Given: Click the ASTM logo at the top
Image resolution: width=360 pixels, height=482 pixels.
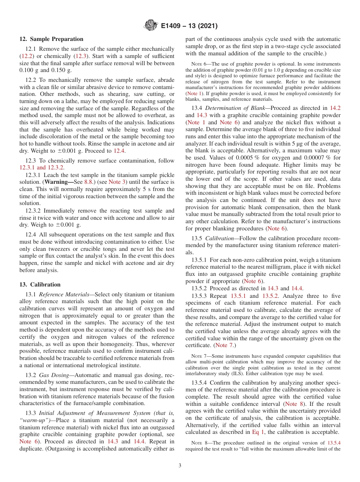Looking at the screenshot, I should [x=150, y=26].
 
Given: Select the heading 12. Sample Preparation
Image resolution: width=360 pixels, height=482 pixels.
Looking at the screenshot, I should [x=51, y=39].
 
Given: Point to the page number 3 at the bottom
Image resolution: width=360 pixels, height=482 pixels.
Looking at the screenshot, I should [x=180, y=465].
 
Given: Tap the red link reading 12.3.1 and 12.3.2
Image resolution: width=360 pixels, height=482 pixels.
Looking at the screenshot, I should [x=42, y=167].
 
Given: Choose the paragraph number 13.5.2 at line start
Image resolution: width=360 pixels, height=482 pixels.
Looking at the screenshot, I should [x=200, y=288].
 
